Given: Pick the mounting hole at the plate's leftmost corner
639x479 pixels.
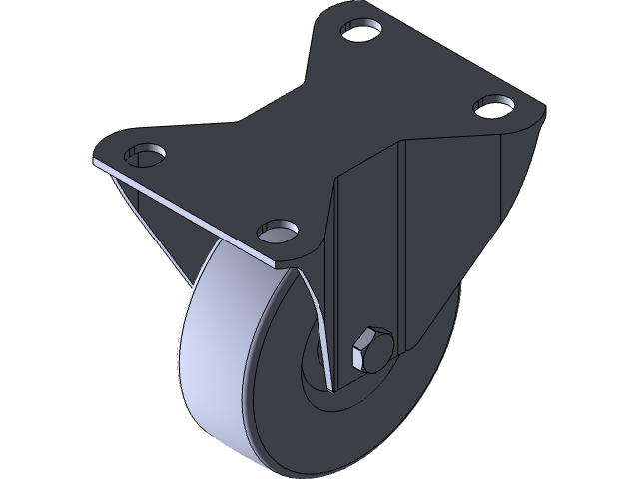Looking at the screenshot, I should pyautogui.click(x=145, y=154).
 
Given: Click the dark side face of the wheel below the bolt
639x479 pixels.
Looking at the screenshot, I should pyautogui.click(x=399, y=419).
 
